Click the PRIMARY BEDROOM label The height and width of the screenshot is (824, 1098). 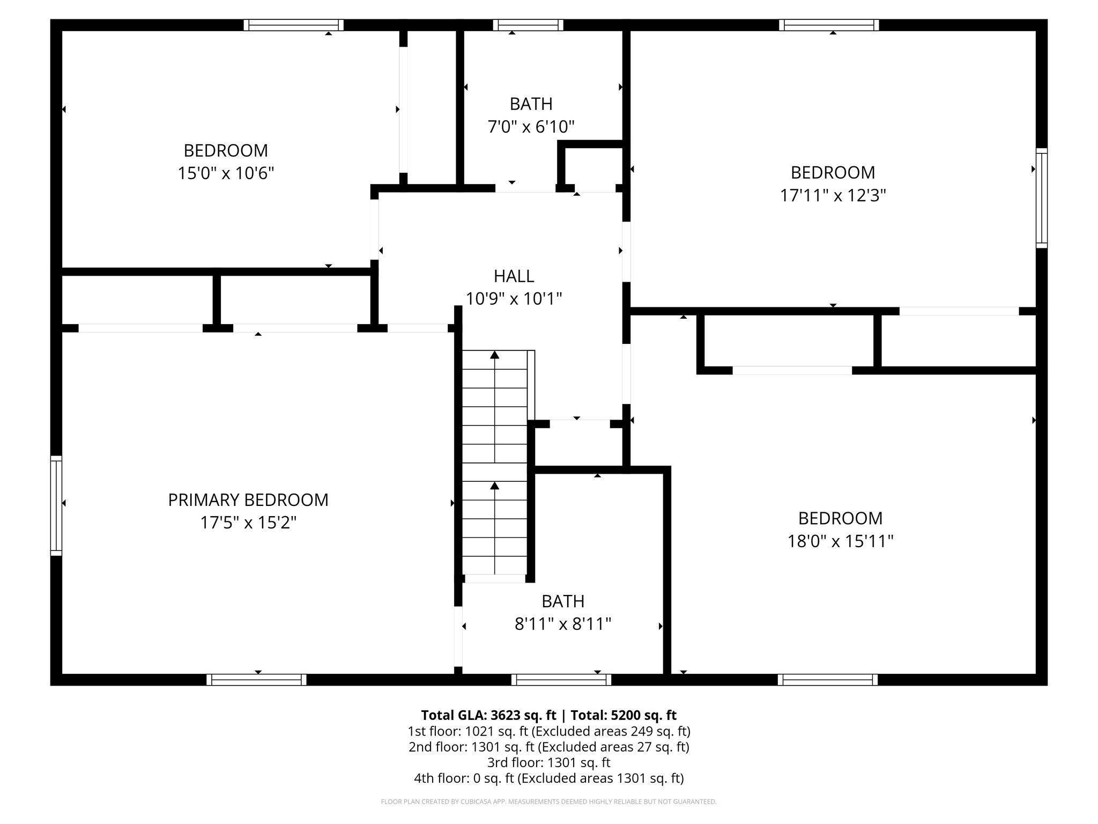(248, 500)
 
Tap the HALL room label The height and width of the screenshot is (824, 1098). (514, 276)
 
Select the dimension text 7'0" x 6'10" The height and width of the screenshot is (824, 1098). (531, 127)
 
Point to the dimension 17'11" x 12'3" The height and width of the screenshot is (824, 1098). (832, 195)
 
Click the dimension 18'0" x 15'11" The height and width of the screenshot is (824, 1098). (840, 541)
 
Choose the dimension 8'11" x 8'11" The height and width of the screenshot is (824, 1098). (562, 624)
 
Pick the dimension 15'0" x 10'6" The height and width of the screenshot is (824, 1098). (226, 173)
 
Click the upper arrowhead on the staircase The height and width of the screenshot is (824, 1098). (495, 355)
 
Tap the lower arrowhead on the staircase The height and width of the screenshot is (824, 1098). (495, 485)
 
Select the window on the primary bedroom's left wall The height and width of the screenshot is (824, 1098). (56, 505)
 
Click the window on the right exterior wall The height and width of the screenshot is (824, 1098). (1041, 197)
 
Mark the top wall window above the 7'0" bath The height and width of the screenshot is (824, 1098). (528, 25)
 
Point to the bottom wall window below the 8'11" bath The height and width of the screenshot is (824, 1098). (561, 680)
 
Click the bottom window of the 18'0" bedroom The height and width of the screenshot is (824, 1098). (827, 680)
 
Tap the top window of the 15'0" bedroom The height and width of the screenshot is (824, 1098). (293, 25)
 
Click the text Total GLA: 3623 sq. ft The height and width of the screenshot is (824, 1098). (488, 715)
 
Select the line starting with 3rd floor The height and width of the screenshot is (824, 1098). (548, 762)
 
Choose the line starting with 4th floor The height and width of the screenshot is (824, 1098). (548, 778)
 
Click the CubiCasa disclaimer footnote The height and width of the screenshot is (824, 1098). (548, 802)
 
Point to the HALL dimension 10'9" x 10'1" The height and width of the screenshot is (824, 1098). (514, 299)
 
